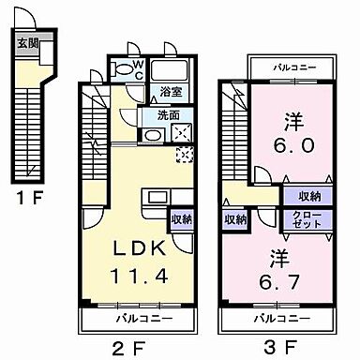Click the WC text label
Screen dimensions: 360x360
(x=137, y=67)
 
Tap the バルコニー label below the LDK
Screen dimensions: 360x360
(x=136, y=319)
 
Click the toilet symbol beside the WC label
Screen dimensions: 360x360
(x=121, y=67)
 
